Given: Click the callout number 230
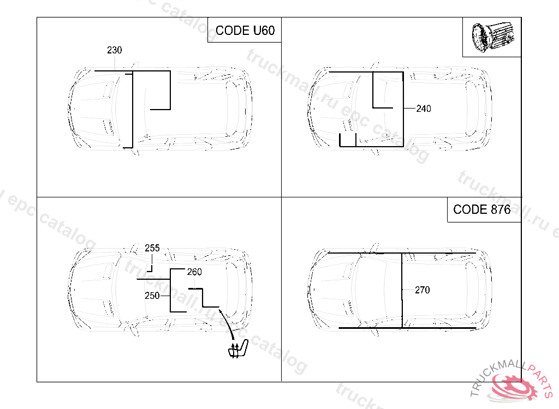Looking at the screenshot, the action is click(x=115, y=50).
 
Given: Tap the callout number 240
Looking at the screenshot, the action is click(x=424, y=109).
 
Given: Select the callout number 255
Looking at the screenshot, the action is click(x=152, y=248).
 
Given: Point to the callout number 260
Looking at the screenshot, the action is click(x=194, y=272).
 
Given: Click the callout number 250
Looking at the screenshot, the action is click(x=152, y=296).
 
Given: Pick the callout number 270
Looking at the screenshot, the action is click(x=423, y=290).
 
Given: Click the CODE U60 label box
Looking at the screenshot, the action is click(x=245, y=30).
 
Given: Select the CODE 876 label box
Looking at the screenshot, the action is click(x=484, y=209).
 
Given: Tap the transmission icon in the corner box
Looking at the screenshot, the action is click(x=493, y=37).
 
